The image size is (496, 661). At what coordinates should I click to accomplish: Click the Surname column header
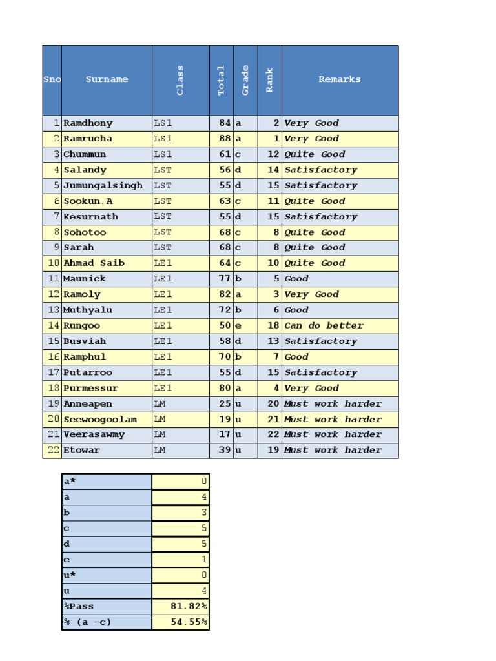tap(107, 79)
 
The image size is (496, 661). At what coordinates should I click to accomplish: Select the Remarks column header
tap(339, 79)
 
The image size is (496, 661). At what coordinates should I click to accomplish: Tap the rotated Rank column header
tap(269, 80)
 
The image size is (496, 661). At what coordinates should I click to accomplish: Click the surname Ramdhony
tap(88, 123)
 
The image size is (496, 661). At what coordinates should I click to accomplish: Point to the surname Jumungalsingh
tap(103, 186)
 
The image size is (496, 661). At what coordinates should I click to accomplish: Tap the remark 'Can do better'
tap(324, 326)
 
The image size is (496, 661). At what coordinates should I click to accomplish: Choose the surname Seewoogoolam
tap(100, 420)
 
